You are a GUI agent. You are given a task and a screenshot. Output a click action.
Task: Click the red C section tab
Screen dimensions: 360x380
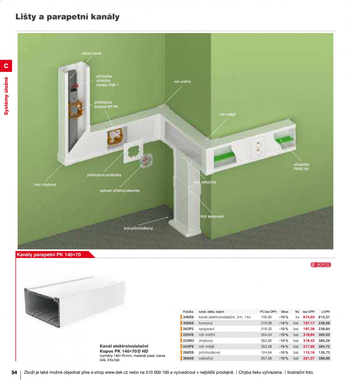pyautogui.click(x=6, y=66)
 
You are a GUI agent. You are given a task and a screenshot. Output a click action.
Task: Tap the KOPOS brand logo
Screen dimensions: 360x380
pyautogui.click(x=321, y=265)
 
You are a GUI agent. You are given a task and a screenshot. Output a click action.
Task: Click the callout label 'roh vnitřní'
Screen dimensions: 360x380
pyautogui.click(x=182, y=82)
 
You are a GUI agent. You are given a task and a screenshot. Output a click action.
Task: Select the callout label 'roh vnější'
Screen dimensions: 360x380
pyautogui.click(x=227, y=114)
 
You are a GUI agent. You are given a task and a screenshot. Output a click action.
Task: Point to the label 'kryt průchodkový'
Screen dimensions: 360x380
pyautogui.click(x=138, y=228)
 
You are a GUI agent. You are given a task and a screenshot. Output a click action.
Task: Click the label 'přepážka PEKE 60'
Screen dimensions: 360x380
pyautogui.click(x=301, y=167)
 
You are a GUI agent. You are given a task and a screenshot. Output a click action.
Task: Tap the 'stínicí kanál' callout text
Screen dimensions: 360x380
pyautogui.click(x=92, y=53)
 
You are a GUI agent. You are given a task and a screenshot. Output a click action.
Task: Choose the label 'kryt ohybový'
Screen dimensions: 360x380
pyautogui.click(x=45, y=185)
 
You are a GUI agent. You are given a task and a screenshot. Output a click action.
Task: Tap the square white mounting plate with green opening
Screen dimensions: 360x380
pyautogui.click(x=133, y=151)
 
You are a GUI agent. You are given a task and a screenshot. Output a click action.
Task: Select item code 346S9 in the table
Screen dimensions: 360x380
pyautogui.click(x=188, y=317)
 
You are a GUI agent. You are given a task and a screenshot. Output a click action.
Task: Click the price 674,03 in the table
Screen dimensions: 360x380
pyautogui.click(x=308, y=317)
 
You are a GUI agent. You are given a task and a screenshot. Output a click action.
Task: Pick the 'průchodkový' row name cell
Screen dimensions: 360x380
pyautogui.click(x=209, y=352)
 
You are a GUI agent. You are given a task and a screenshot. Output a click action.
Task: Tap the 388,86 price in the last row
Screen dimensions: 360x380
pyautogui.click(x=324, y=358)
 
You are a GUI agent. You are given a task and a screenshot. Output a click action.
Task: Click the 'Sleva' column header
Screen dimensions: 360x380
pyautogui.click(x=284, y=311)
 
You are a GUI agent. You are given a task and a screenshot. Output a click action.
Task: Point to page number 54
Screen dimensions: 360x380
pyautogui.click(x=14, y=372)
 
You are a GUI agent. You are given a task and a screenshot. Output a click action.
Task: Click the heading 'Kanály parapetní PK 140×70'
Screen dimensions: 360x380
pyautogui.click(x=49, y=254)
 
